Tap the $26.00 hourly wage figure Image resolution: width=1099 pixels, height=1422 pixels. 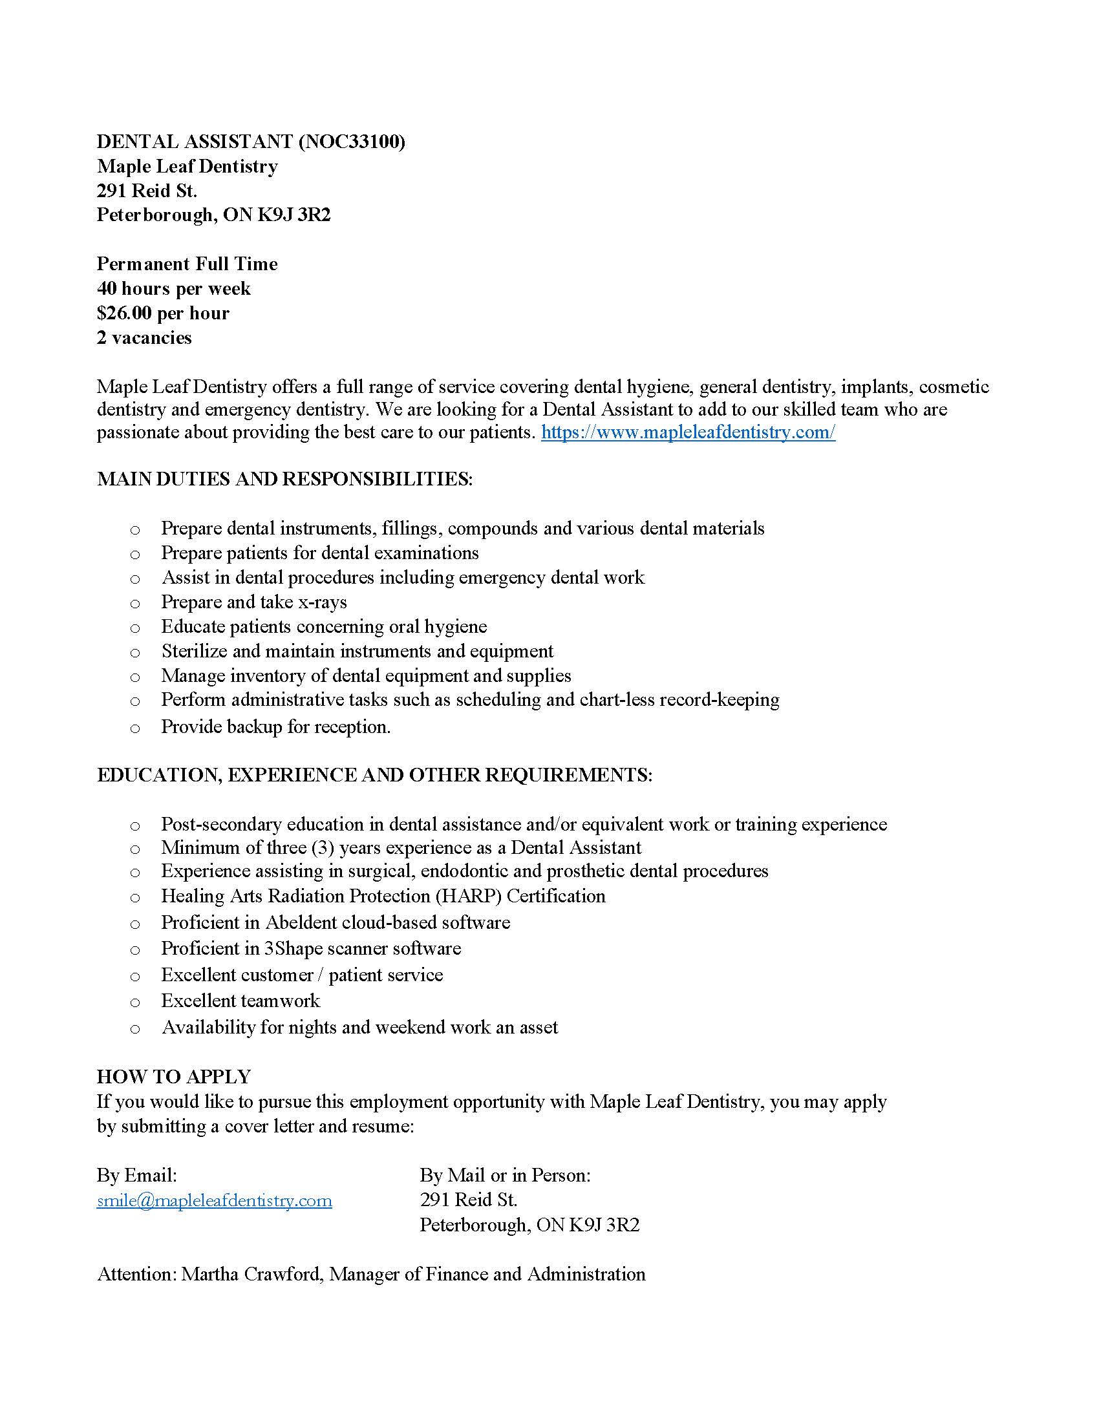click(123, 313)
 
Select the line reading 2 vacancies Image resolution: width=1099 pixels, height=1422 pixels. click(144, 338)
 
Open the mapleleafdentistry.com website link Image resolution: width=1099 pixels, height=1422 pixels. click(688, 432)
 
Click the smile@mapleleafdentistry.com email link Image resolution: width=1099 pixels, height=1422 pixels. click(214, 1201)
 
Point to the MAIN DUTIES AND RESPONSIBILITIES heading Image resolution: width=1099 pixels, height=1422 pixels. click(284, 479)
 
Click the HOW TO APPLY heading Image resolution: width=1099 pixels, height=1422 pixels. click(174, 1077)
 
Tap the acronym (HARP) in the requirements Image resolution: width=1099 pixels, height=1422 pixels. click(468, 897)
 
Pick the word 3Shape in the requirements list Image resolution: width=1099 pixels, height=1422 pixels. click(293, 949)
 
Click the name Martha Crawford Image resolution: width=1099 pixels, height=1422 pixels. click(251, 1274)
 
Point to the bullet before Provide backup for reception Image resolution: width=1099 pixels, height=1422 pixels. click(134, 728)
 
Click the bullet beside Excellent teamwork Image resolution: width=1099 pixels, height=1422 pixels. click(134, 1002)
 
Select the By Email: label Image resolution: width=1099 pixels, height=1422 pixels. click(136, 1176)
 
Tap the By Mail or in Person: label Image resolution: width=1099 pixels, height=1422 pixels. click(505, 1176)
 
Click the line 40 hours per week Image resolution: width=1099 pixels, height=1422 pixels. click(173, 288)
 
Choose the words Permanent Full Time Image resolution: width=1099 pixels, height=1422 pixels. click(187, 264)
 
